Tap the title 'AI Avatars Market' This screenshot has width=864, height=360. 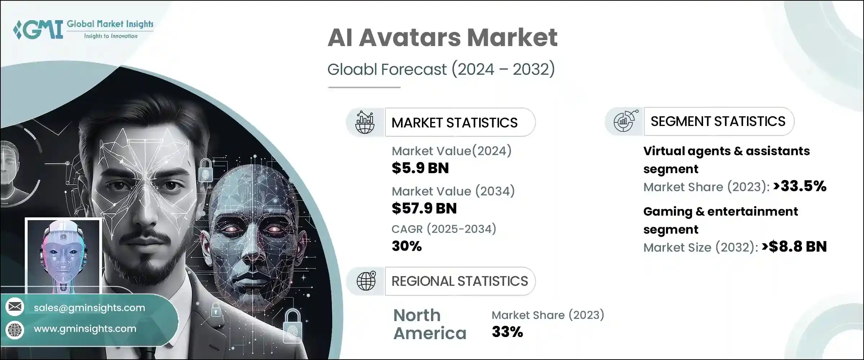click(442, 37)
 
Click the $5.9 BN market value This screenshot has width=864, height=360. click(420, 168)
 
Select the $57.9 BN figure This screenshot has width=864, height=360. click(424, 208)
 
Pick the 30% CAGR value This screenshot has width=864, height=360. click(406, 246)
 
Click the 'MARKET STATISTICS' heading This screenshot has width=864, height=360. click(454, 123)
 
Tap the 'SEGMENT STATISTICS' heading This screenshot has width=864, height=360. click(718, 121)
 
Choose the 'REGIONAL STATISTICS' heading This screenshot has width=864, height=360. click(459, 281)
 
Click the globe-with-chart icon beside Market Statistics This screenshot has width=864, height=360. click(365, 122)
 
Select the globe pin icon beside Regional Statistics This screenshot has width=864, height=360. click(366, 281)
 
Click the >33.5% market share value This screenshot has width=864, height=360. click(800, 186)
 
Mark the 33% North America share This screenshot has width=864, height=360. click(507, 332)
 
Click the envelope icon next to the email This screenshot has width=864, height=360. click(15, 307)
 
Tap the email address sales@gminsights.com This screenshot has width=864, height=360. click(89, 308)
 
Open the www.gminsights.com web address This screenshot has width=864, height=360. click(85, 329)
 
